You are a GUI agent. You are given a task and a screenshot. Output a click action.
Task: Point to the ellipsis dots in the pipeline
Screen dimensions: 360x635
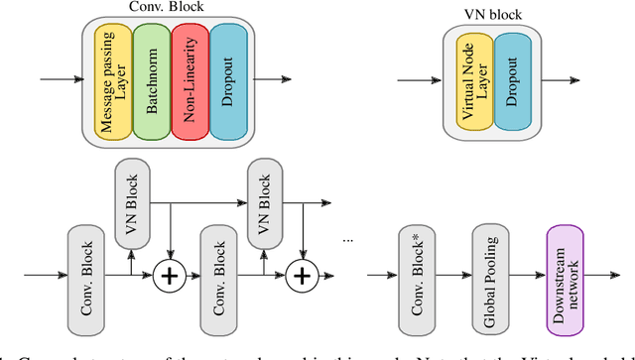(x=349, y=240)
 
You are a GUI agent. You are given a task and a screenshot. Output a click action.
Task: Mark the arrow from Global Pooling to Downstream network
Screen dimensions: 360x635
(x=524, y=277)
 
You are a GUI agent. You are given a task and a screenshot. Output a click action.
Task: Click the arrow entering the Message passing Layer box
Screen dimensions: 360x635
(x=60, y=80)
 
